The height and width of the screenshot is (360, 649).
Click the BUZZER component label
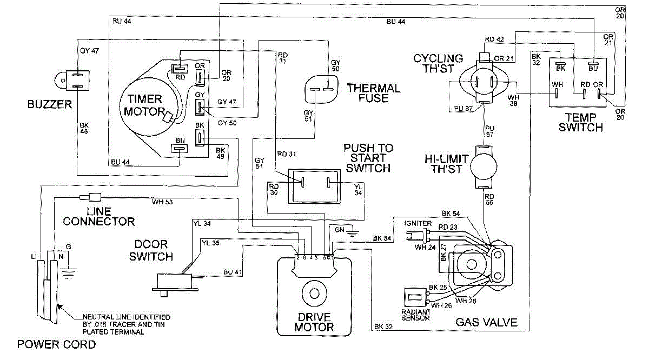[x=50, y=104]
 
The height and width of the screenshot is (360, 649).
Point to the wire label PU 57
[x=489, y=131]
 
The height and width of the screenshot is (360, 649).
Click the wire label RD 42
[x=494, y=39]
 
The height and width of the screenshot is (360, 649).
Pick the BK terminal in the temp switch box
[x=560, y=64]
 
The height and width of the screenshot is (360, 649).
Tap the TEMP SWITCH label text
[x=580, y=122]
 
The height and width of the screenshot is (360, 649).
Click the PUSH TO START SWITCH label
[x=368, y=158]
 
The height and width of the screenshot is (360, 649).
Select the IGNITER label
[x=417, y=223]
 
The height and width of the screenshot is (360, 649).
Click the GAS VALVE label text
[x=486, y=323]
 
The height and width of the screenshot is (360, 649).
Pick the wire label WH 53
[x=162, y=202]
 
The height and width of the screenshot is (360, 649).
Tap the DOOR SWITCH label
[x=151, y=250]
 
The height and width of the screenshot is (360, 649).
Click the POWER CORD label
[x=56, y=344]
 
